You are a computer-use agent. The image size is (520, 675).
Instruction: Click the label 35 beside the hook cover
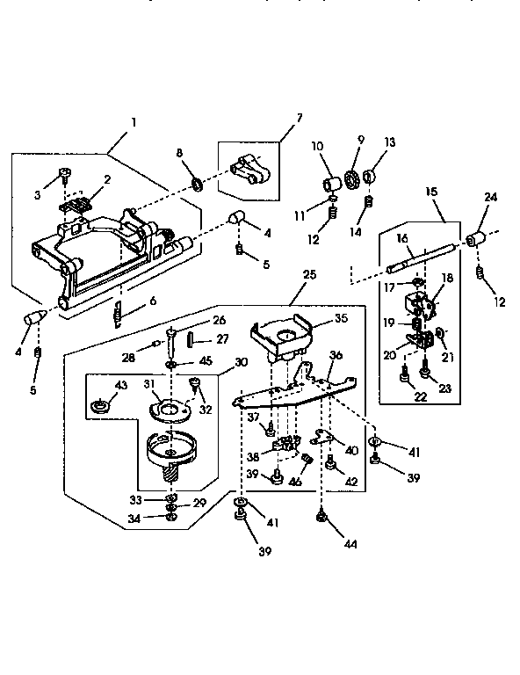(x=316, y=320)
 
